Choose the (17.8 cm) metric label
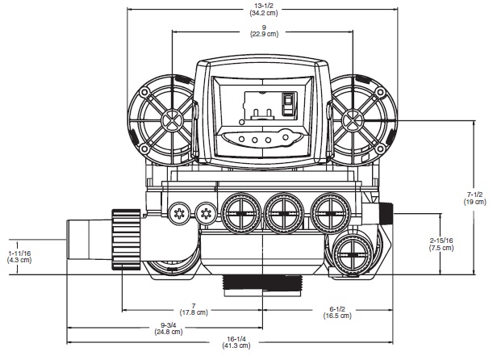[x=193, y=312]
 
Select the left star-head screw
[x=180, y=212]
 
